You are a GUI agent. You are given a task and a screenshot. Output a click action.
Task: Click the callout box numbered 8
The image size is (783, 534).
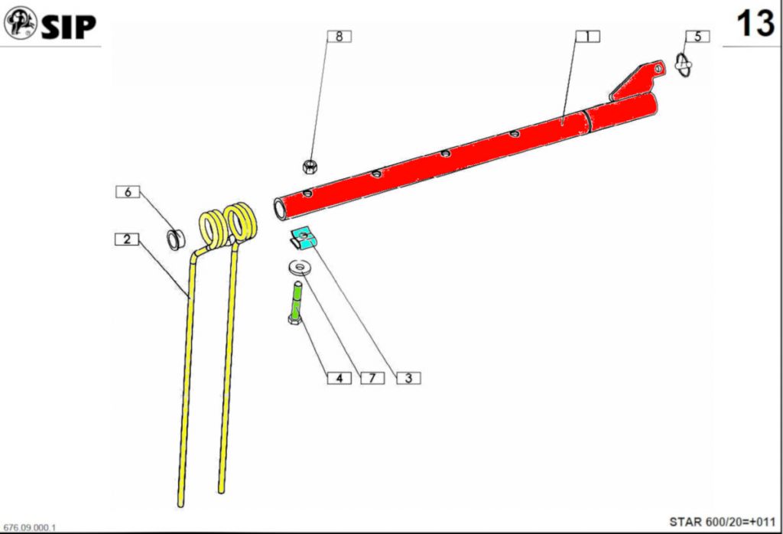pos(339,37)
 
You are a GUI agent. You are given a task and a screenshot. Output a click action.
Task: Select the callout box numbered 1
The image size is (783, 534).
pos(588,37)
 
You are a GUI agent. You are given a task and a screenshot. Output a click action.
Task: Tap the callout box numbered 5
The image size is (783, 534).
pos(697,37)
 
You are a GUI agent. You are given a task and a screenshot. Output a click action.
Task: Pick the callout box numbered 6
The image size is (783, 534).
pos(128,192)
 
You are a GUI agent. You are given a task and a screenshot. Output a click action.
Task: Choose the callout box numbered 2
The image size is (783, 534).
pos(127,239)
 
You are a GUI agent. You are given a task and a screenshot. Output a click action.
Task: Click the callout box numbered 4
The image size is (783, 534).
pos(339,378)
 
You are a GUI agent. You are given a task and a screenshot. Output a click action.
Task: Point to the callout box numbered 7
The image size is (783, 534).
pos(372,378)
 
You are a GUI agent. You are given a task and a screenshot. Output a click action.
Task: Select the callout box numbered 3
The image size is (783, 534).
pos(408,378)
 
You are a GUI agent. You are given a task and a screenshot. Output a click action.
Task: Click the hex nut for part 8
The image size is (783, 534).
pos(310,166)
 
